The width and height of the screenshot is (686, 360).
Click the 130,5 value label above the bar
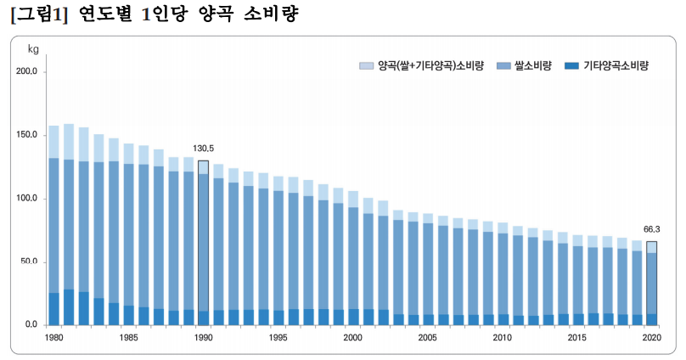pos(204,149)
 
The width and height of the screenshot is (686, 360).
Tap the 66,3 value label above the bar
pos(651,229)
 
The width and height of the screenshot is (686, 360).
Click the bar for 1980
pos(54,225)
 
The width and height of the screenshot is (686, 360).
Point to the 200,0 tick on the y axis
pos(27,72)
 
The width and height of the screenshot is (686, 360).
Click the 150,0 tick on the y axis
pos(27,136)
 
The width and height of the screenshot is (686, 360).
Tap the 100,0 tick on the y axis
pos(27,199)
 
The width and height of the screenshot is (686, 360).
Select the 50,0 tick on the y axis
pos(29,262)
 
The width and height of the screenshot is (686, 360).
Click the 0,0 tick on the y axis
pos(31,325)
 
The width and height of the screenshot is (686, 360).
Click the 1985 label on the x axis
pos(129,338)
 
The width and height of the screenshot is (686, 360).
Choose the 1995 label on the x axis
pos(278,338)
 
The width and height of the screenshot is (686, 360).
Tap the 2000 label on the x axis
pos(352,338)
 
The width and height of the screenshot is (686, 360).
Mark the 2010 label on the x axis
pos(502,338)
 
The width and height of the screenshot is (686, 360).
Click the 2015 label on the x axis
pos(576,338)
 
